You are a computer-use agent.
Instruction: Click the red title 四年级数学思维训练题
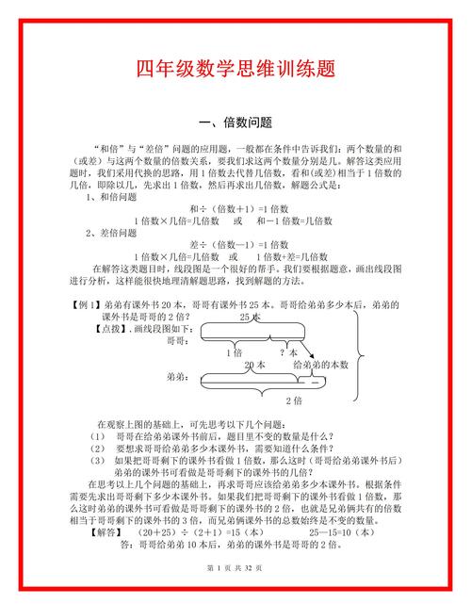coord(235,71)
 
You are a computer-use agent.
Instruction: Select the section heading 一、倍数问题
coord(235,123)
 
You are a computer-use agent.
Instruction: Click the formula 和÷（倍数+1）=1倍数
coord(235,208)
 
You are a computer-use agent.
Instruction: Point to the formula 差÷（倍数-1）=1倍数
coord(235,244)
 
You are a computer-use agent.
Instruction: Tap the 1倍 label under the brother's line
coord(235,352)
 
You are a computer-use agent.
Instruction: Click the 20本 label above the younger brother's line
coord(254,365)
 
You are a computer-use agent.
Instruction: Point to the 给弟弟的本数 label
coord(320,365)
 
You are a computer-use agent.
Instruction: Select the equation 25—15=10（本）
coord(322,531)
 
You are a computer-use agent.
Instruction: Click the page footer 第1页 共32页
coord(235,570)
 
